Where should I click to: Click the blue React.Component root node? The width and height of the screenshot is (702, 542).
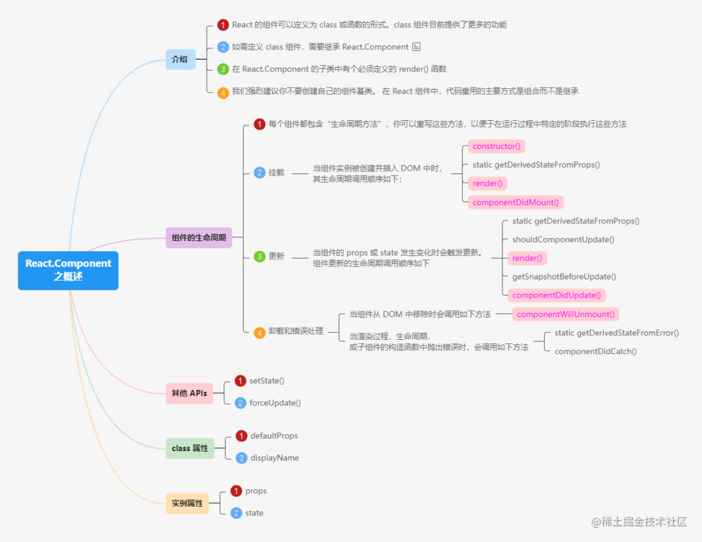pyautogui.click(x=68, y=270)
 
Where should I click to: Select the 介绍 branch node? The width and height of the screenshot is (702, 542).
pyautogui.click(x=179, y=59)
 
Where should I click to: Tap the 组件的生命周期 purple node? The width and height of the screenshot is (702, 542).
pyautogui.click(x=198, y=238)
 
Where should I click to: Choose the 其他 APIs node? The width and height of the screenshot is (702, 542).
pyautogui.click(x=189, y=393)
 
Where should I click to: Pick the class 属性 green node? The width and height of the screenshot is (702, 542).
pyautogui.click(x=190, y=448)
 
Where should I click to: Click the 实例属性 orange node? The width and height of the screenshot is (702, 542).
pyautogui.click(x=187, y=503)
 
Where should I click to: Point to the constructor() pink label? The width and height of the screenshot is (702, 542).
pyautogui.click(x=497, y=146)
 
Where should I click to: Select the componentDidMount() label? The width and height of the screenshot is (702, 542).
pyautogui.click(x=515, y=202)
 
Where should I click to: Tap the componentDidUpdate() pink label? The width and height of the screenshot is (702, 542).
pyautogui.click(x=556, y=295)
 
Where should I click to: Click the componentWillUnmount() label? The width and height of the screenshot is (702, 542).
pyautogui.click(x=565, y=315)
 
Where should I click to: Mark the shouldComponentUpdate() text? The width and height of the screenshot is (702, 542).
pyautogui.click(x=563, y=239)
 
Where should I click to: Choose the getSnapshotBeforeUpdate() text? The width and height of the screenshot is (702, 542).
pyautogui.click(x=564, y=276)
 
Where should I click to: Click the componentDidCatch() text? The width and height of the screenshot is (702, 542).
pyautogui.click(x=595, y=351)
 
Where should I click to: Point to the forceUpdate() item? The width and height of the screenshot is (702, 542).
pyautogui.click(x=275, y=402)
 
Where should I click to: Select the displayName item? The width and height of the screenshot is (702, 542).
pyautogui.click(x=274, y=458)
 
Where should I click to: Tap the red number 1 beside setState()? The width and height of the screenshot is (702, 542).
pyautogui.click(x=240, y=381)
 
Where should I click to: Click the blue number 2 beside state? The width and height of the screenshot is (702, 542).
pyautogui.click(x=236, y=513)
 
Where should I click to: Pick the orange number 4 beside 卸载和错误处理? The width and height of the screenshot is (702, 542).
pyautogui.click(x=259, y=332)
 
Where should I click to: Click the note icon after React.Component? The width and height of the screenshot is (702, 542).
pyautogui.click(x=417, y=47)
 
